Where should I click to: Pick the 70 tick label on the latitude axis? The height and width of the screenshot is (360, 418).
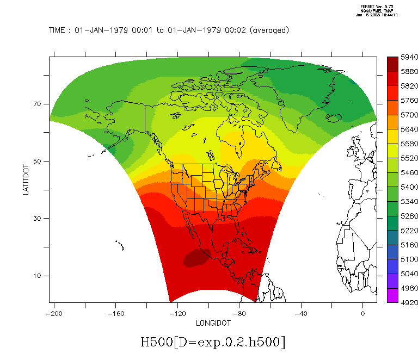tap(39, 104)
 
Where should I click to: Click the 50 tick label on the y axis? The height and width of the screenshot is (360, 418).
tap(39, 161)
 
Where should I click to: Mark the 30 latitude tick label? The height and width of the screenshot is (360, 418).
tap(39, 219)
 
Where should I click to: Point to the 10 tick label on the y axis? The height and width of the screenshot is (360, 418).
tap(39, 276)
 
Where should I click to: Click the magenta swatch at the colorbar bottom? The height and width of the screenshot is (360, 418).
tap(392, 295)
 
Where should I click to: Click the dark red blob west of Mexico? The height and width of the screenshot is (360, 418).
tap(196, 258)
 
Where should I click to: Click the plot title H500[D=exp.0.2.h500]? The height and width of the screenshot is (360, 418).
tap(213, 342)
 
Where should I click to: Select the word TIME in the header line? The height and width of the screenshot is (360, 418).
tap(58, 30)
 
